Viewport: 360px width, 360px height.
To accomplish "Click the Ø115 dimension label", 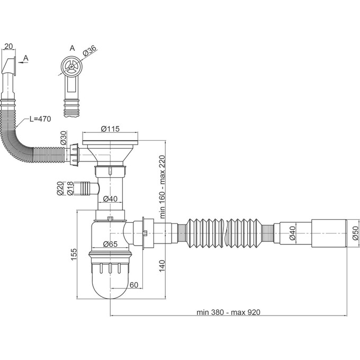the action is (110, 129).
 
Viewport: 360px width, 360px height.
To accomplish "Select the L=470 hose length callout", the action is (40, 119).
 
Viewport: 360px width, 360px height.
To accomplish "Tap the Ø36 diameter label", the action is (89, 51).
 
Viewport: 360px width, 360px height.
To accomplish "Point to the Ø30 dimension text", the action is (64, 138).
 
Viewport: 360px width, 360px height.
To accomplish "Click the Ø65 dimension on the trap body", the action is (110, 244).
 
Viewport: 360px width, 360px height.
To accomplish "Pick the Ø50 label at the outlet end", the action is (355, 233).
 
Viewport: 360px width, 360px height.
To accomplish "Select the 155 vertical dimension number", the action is (74, 254).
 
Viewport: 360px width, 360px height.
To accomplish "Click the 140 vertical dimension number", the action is (162, 266).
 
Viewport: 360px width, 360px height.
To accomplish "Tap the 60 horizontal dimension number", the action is (134, 285).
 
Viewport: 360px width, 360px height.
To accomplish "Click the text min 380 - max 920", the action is (229, 312).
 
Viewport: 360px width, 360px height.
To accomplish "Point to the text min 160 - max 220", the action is (163, 187).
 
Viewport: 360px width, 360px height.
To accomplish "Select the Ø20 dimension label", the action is (60, 188).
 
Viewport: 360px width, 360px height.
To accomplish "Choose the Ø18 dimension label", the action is (70, 188).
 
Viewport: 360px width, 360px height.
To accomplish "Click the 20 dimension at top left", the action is (8, 47).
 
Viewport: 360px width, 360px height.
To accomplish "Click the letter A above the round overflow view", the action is (72, 48).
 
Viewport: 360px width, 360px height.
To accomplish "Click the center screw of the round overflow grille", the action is (72, 67).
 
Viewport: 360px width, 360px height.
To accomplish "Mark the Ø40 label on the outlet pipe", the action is (292, 233).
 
